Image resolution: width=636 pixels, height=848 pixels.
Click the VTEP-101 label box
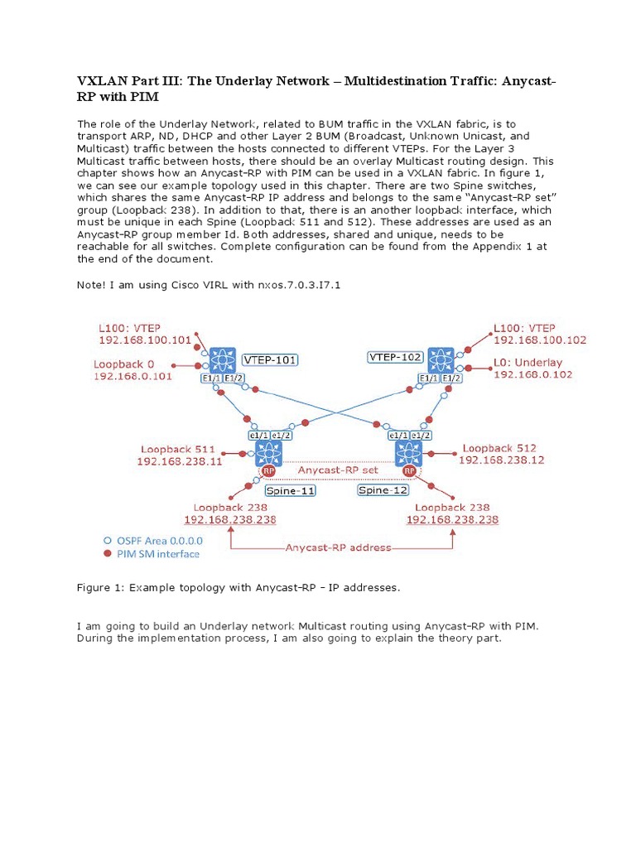tap(271, 360)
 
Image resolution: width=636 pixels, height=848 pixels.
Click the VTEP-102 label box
tap(396, 357)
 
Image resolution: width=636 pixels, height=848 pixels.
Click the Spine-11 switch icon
tap(269, 453)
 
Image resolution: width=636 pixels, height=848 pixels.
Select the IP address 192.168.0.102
tap(533, 374)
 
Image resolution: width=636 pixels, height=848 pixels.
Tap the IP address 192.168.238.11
tap(180, 461)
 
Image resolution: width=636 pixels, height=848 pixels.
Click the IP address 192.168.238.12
tap(501, 460)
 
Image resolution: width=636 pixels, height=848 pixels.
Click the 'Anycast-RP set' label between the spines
tap(338, 470)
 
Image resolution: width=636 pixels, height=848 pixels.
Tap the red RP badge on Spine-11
tap(267, 470)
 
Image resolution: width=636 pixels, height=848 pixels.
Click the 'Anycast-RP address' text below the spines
tap(338, 547)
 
